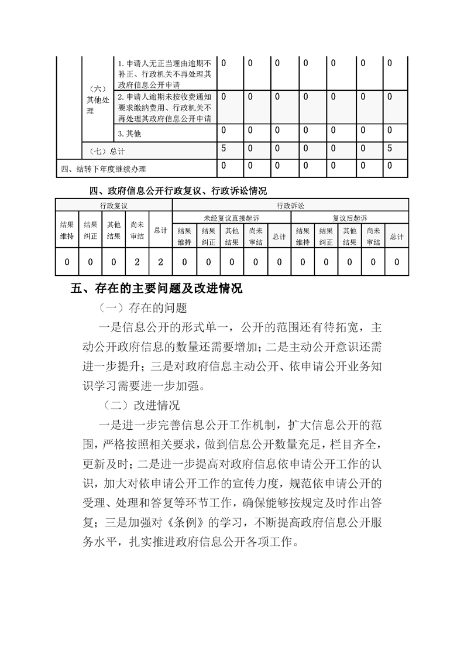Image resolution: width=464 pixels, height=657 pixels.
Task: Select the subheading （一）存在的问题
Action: [x=143, y=307]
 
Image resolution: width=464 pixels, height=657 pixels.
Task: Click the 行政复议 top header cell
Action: [x=114, y=206]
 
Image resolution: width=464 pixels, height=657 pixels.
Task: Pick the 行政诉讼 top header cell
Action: [x=290, y=206]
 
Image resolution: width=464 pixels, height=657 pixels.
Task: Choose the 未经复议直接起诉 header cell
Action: [x=231, y=218]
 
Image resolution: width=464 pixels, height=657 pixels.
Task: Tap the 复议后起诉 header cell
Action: [x=349, y=218]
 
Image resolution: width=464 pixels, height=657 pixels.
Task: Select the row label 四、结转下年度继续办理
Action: [x=104, y=169]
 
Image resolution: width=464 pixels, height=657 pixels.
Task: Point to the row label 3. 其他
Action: [x=129, y=134]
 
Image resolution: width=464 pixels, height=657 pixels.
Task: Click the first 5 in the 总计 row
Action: [x=224, y=149]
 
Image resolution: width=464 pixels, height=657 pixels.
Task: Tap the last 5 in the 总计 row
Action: [x=390, y=149]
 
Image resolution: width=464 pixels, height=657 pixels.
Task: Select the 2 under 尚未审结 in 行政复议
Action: [x=137, y=262]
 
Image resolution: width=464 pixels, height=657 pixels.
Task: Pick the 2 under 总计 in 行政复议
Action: [x=160, y=262]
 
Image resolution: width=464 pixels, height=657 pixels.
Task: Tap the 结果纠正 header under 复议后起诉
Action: [x=326, y=236]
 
